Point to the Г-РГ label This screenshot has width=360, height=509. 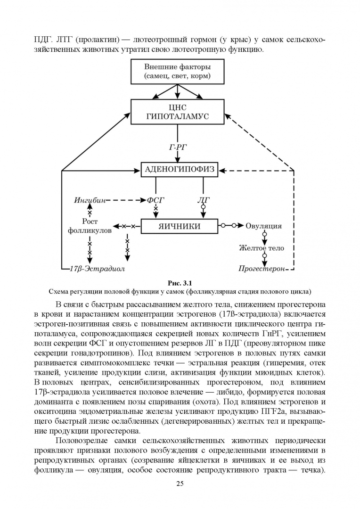coord(178,148)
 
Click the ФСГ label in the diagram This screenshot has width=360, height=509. coord(155,200)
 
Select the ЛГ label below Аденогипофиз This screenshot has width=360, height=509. coord(204,200)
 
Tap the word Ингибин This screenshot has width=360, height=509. coord(90,200)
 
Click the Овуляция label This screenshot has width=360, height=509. coord(263,226)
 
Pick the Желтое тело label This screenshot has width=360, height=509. coord(262,248)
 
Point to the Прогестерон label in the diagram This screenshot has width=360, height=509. coord(262,269)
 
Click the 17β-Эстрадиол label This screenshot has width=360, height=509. coord(98,269)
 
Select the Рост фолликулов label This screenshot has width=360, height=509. coord(90,226)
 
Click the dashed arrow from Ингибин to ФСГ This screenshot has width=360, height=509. coord(126,200)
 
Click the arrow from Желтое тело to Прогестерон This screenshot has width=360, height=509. coord(264,259)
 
